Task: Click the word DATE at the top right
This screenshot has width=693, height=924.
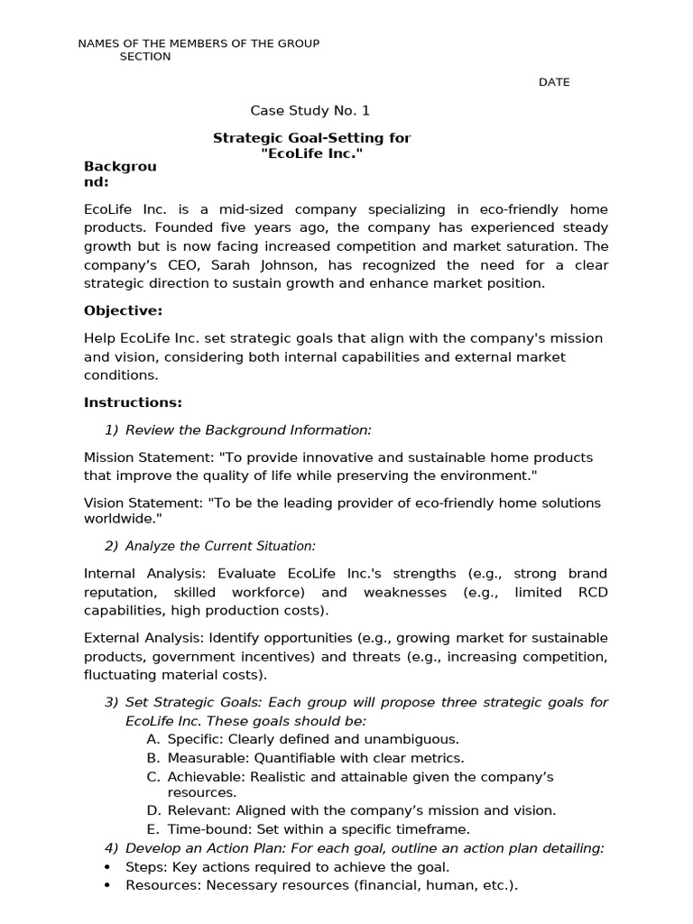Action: tap(554, 82)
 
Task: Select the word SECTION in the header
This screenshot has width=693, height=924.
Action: tap(145, 56)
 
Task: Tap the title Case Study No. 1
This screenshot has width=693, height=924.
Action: tap(310, 111)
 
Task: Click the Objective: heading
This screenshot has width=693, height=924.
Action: tap(123, 310)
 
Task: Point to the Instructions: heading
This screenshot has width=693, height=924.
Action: tap(133, 402)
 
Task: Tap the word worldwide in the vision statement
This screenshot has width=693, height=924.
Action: tap(115, 521)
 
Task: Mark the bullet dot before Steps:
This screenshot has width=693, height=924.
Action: tap(107, 867)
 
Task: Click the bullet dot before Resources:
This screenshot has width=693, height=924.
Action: tap(107, 885)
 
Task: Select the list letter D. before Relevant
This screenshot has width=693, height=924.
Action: tap(152, 811)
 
